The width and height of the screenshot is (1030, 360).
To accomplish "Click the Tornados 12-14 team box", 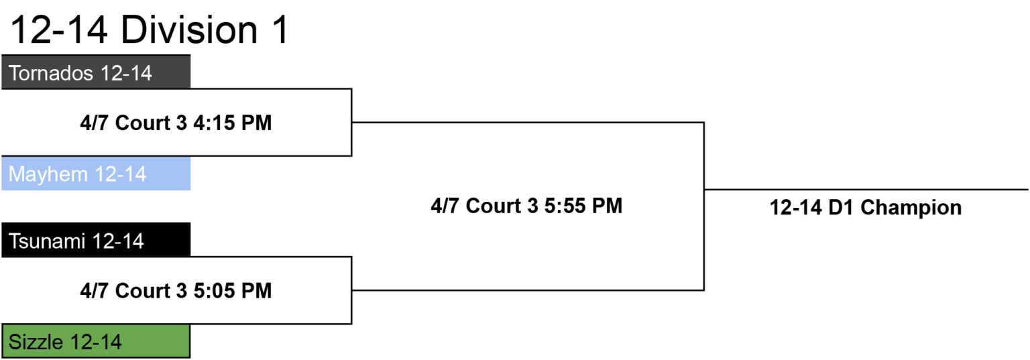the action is (96, 72).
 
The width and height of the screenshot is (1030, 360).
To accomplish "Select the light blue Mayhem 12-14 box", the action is (96, 174).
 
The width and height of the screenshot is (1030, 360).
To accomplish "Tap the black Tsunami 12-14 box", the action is (96, 239).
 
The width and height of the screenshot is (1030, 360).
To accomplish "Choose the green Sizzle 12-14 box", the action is (96, 341).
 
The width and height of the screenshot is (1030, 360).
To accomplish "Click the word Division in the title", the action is (189, 30).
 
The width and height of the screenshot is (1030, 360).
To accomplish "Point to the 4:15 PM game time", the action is (233, 123).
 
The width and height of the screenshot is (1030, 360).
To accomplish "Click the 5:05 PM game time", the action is (233, 290).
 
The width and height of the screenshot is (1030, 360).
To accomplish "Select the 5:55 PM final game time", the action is (583, 206).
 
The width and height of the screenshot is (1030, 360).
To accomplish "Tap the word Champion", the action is (911, 208).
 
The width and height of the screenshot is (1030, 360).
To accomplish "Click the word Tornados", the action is (51, 73).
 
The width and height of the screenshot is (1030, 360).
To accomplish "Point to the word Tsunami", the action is (47, 241).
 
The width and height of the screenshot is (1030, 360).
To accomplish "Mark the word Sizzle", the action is (38, 342).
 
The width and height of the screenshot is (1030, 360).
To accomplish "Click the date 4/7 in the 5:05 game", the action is (95, 290).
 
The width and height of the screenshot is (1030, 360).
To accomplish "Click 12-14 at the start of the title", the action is (59, 30).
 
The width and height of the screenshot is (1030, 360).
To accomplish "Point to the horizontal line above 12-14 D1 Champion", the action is (866, 189).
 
